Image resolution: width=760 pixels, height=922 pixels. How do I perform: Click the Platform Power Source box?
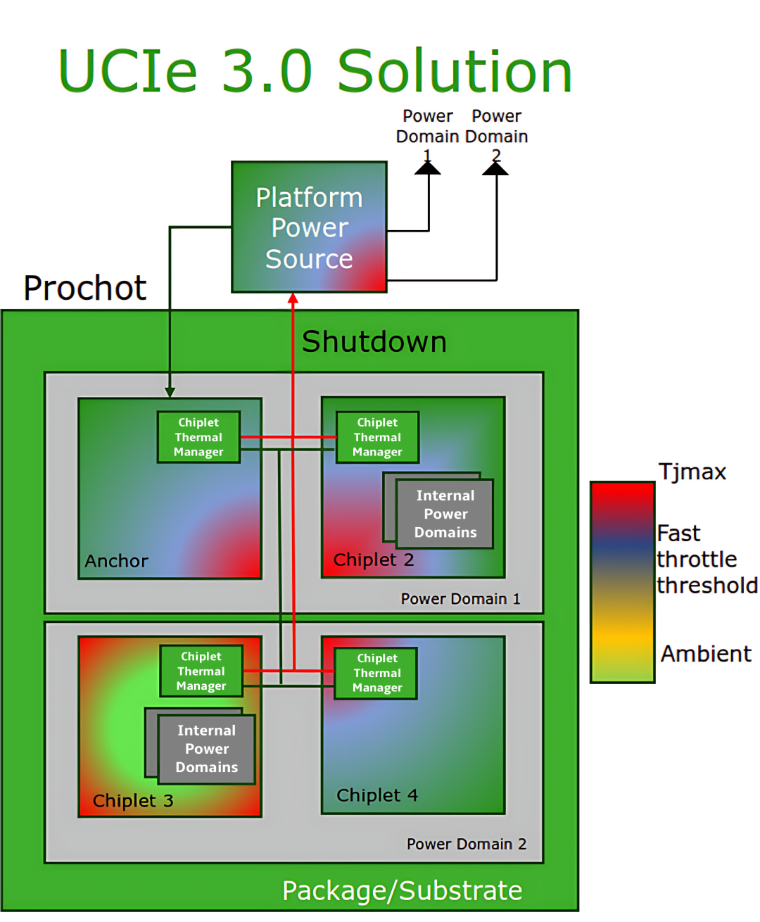(309, 227)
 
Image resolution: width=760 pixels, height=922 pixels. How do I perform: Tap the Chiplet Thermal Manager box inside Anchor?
(198, 436)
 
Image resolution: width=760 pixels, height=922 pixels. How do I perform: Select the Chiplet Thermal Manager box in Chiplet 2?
(377, 436)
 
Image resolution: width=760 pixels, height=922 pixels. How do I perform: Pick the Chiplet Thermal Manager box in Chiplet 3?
(201, 671)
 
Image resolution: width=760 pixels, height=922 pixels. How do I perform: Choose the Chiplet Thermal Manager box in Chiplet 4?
(375, 673)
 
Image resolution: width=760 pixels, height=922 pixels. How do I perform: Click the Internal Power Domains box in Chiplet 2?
(445, 514)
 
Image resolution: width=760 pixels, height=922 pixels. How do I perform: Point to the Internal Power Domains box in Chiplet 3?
(206, 748)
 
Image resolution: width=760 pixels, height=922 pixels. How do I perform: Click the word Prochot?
(84, 288)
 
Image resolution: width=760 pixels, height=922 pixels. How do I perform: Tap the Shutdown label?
(374, 341)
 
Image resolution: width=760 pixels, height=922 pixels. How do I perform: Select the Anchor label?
(116, 561)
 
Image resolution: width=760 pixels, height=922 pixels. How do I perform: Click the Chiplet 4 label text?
(376, 795)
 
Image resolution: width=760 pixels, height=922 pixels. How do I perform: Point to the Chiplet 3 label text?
(133, 800)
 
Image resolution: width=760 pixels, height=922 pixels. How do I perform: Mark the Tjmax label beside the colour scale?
(692, 472)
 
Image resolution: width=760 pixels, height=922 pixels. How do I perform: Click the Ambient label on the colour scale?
(706, 654)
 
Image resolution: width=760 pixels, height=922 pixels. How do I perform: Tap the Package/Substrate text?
(402, 890)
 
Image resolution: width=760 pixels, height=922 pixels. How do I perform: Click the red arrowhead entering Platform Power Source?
(293, 298)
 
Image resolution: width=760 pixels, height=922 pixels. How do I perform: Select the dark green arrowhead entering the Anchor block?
(170, 392)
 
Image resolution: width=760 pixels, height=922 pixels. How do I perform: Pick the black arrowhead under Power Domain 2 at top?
(495, 168)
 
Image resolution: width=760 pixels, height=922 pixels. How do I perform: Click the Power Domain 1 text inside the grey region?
(460, 599)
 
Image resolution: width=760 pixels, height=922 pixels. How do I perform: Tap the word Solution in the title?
(455, 72)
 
